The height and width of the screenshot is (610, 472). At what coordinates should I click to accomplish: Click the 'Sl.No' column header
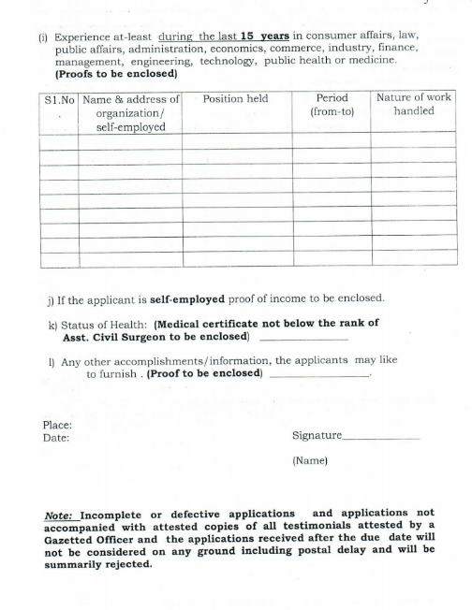click(x=59, y=98)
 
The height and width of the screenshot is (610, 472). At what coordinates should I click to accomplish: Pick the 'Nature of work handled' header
click(x=413, y=104)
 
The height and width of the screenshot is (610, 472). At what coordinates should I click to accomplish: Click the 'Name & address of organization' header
click(x=130, y=111)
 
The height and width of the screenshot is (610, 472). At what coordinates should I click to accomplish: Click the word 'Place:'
click(x=58, y=424)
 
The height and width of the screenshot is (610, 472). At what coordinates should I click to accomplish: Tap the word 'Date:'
click(x=56, y=437)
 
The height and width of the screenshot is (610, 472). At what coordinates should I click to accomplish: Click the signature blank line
click(x=380, y=438)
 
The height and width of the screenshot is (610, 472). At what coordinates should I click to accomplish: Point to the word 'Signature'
click(x=317, y=435)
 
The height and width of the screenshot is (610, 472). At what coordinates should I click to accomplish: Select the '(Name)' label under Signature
click(x=310, y=460)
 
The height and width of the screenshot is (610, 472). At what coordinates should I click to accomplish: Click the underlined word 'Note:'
click(x=62, y=514)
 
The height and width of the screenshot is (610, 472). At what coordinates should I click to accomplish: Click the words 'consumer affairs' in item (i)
click(x=360, y=36)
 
